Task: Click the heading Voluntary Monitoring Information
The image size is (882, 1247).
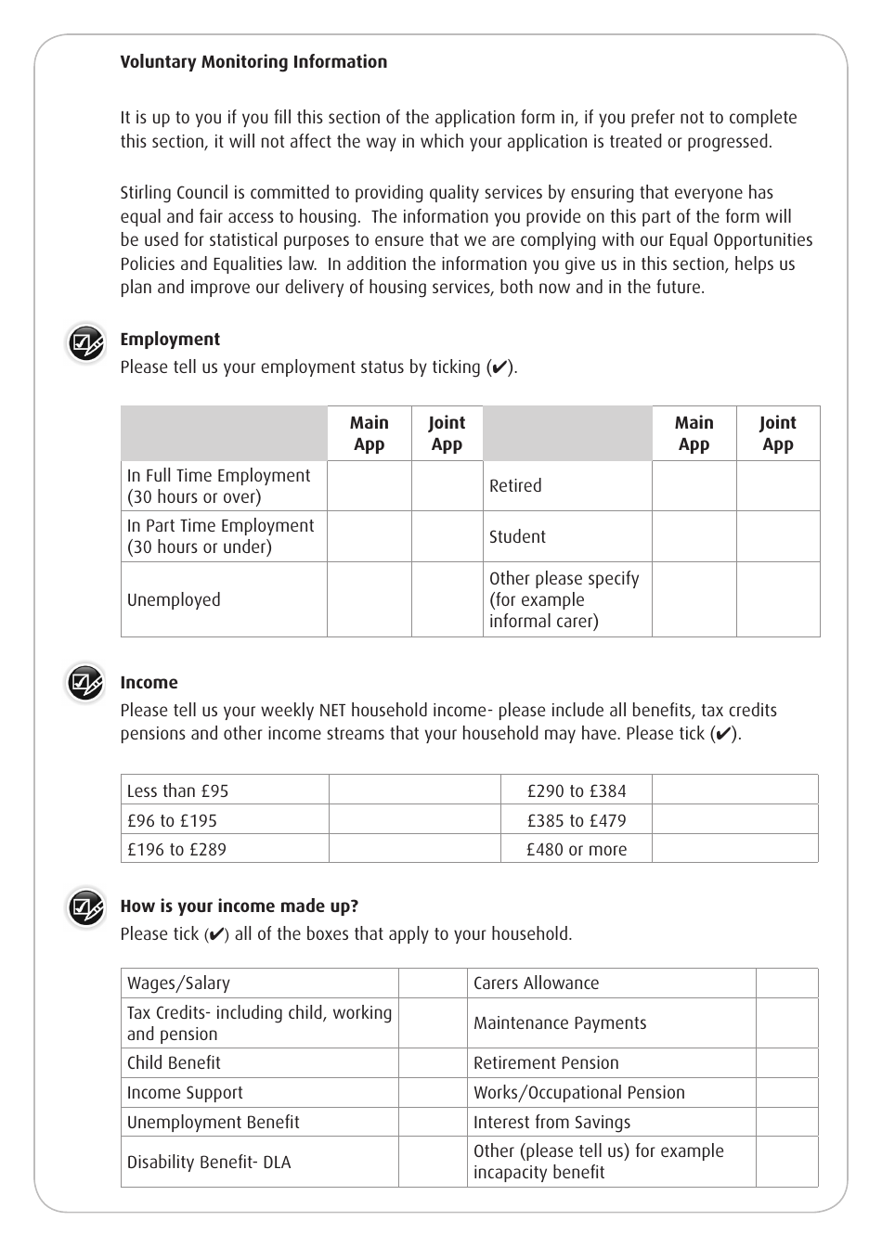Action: click(x=253, y=62)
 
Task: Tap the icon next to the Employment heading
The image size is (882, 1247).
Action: click(x=85, y=343)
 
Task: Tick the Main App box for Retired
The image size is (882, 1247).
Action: click(x=694, y=486)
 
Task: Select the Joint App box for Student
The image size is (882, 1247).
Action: click(x=777, y=536)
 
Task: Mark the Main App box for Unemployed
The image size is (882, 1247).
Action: click(x=369, y=599)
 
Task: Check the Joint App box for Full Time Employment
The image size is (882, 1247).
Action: click(x=447, y=486)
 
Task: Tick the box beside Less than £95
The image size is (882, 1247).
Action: click(x=414, y=791)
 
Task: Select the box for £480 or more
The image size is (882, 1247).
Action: click(x=734, y=849)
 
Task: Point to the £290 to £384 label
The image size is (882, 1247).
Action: click(x=576, y=791)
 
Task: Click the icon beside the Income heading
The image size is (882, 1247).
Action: click(x=85, y=685)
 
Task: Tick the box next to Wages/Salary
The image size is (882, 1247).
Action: click(x=433, y=983)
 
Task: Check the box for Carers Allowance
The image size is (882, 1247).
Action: click(x=786, y=983)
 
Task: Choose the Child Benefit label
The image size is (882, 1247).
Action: click(x=174, y=1063)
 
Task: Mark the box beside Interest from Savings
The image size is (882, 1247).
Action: click(x=786, y=1122)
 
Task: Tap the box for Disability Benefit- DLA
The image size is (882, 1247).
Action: click(x=433, y=1162)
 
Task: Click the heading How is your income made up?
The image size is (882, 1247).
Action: click(x=239, y=906)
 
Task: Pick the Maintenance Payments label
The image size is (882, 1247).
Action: click(x=560, y=1023)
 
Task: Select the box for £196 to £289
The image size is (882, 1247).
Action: click(x=414, y=849)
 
